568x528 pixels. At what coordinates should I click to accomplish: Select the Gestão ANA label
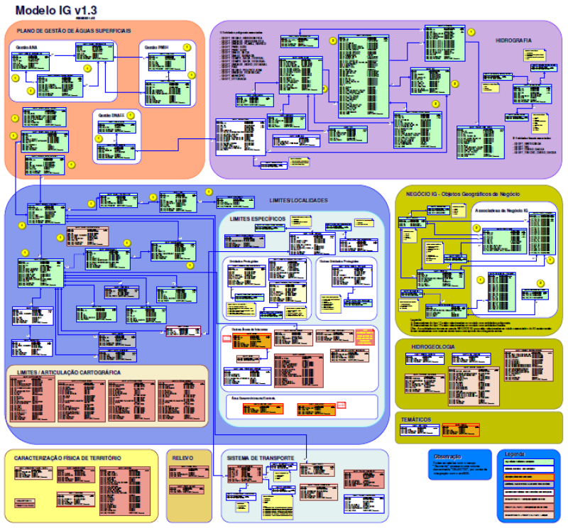(26, 46)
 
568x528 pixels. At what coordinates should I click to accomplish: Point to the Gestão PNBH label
(156, 47)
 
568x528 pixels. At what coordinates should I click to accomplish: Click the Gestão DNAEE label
(111, 114)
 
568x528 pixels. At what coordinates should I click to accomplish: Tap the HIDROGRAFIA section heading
(513, 40)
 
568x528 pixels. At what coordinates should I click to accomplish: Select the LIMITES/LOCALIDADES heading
(299, 201)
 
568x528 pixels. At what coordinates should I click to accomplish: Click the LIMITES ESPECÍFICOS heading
(257, 218)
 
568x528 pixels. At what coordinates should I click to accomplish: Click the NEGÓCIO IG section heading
(462, 194)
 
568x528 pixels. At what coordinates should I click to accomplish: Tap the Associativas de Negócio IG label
(499, 211)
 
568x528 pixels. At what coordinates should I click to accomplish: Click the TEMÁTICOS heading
(416, 419)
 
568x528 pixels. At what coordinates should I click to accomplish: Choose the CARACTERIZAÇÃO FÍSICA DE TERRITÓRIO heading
(67, 458)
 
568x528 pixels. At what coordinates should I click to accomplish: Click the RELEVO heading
(183, 458)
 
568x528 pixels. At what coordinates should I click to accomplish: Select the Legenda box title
(515, 453)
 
